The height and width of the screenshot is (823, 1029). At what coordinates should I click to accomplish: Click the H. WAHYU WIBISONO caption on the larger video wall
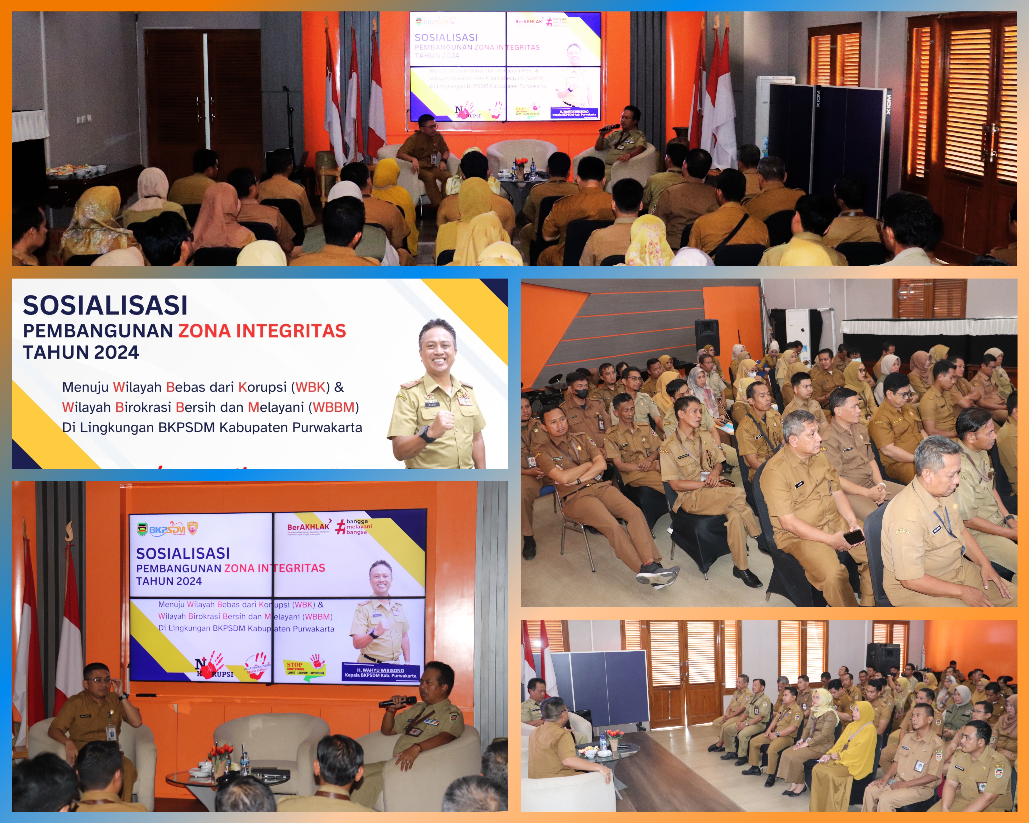[x=380, y=673]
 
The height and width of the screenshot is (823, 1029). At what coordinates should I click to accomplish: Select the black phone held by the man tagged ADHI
[x=853, y=537]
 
